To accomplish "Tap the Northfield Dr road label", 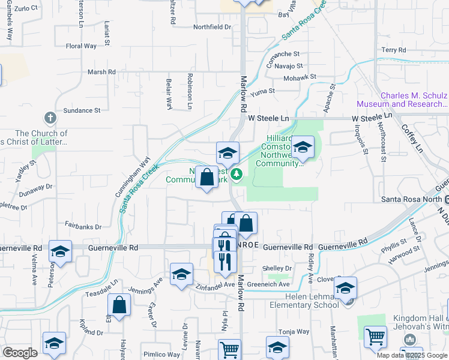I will tap(212, 27).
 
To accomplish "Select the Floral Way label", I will tap(81, 46).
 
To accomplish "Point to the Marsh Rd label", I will tap(101, 72).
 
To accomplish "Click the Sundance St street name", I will tap(82, 110).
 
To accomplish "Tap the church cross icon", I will tap(50, 117).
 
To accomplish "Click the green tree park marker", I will tap(237, 174).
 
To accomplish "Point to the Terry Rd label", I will tap(394, 50).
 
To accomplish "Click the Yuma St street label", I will tap(262, 91).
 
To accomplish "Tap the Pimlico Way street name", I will tap(149, 355).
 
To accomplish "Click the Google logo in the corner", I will tap(20, 353).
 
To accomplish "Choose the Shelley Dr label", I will tap(277, 268).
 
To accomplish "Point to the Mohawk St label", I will tap(301, 77).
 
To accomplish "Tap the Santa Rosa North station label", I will tap(412, 199).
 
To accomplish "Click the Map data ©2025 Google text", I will tap(412, 355).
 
